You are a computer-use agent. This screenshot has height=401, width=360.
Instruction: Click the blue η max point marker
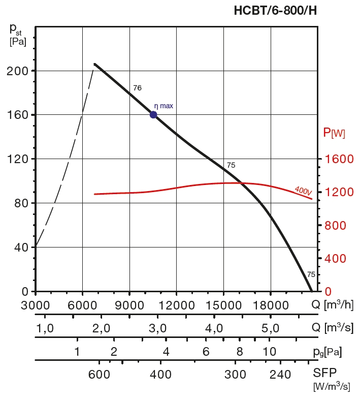153,114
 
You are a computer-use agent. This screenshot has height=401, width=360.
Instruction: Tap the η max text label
163,106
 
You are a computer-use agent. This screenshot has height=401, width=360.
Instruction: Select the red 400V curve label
303,191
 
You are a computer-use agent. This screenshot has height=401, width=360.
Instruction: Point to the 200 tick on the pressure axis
17,71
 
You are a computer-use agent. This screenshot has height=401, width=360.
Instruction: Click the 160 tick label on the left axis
17,115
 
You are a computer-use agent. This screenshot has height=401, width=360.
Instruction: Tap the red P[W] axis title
334,133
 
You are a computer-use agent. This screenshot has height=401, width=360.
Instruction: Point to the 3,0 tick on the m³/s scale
158,328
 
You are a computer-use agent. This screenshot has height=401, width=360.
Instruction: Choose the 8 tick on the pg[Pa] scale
240,351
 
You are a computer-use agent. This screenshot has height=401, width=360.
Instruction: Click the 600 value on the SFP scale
99,375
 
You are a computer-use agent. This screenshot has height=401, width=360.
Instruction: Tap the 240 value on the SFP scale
281,375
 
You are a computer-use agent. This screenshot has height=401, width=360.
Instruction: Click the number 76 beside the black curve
137,88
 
